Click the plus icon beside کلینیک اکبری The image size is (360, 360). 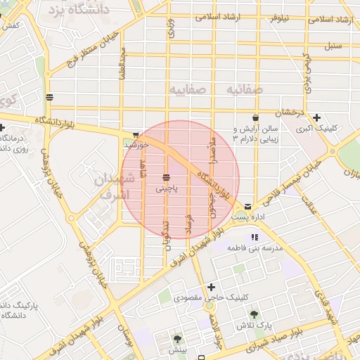point(318,117)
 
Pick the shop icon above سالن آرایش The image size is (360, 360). point(255,117)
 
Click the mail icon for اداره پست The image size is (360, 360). point(248,206)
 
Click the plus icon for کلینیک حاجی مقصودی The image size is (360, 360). point(211,286)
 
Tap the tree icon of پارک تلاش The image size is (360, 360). point(254,315)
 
